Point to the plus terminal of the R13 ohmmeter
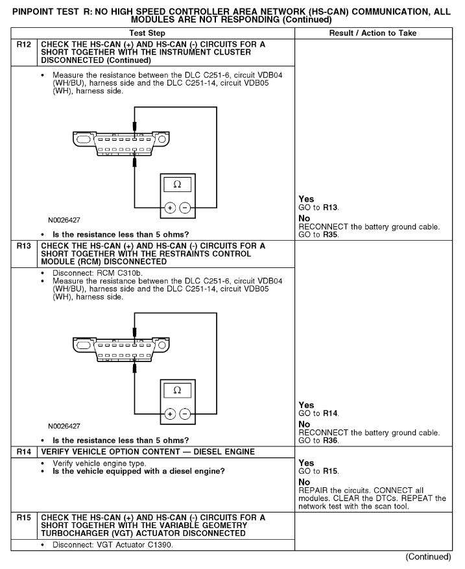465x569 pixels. point(169,414)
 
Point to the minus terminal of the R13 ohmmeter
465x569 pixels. point(185,414)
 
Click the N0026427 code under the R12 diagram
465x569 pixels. point(66,220)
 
